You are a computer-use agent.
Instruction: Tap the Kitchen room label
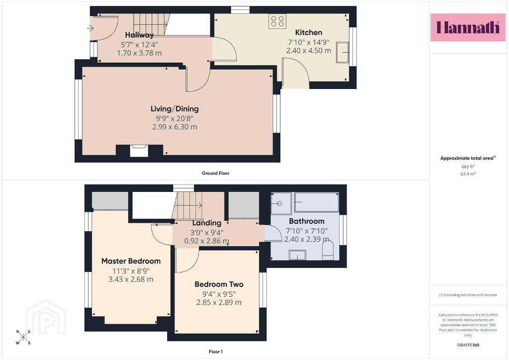[308, 32]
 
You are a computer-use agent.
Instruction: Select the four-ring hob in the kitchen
[277, 21]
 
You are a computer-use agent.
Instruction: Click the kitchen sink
[342, 52]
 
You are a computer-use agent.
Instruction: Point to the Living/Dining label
[174, 109]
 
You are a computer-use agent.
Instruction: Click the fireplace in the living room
[139, 151]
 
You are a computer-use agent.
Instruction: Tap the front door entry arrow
[90, 28]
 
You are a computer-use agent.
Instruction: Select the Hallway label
[139, 35]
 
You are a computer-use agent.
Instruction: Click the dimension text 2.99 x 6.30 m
[174, 127]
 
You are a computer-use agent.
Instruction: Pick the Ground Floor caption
[216, 173]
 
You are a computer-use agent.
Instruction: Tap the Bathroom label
[306, 221]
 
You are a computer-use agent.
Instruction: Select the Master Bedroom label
[131, 261]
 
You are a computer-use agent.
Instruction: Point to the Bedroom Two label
[219, 284]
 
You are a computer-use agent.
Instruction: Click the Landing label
[206, 223]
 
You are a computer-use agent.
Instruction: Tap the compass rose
[23, 337]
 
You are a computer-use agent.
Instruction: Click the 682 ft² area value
[468, 167]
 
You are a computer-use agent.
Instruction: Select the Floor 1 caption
[216, 352]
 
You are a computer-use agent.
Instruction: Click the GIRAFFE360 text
[468, 345]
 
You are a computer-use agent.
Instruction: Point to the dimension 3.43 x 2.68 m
[131, 279]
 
